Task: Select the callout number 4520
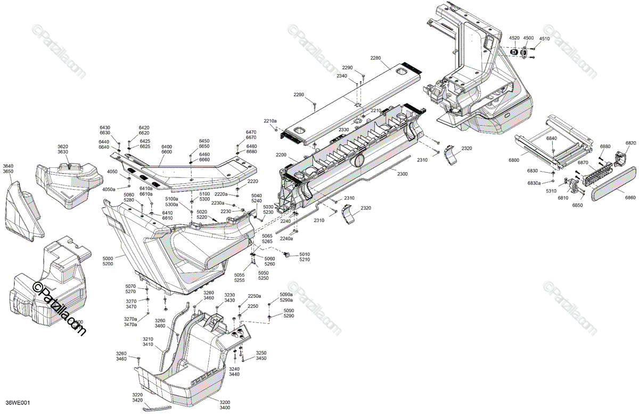click(514, 38)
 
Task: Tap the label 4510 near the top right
click(544, 38)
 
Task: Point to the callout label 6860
click(630, 197)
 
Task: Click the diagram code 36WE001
click(18, 403)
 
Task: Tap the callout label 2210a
click(269, 121)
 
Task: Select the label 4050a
click(109, 189)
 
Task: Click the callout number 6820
click(630, 143)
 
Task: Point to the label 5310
click(551, 191)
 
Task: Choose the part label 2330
click(343, 129)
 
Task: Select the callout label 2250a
click(254, 296)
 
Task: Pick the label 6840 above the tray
click(551, 139)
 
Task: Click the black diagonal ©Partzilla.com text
click(59, 309)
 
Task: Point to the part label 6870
click(583, 163)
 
